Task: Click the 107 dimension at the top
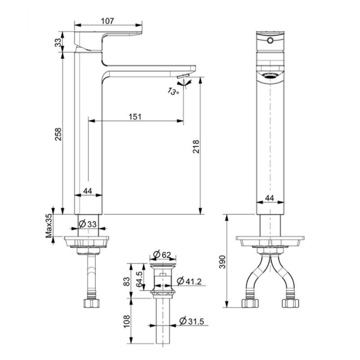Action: click(108, 21)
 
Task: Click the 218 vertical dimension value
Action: click(196, 146)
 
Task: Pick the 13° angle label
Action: click(174, 91)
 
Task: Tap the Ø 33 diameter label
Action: click(87, 224)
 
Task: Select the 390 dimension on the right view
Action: click(222, 262)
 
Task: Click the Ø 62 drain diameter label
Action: click(162, 255)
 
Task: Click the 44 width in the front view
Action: click(270, 198)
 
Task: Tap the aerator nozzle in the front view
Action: click(270, 76)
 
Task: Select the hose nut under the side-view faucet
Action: click(92, 302)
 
